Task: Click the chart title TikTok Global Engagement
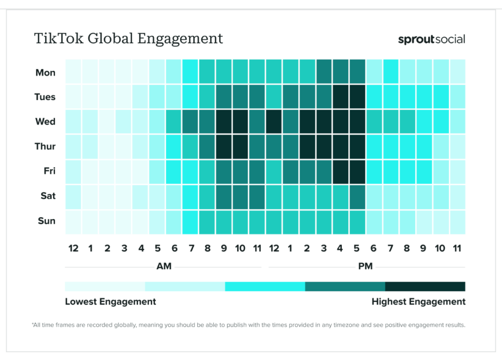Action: (128, 38)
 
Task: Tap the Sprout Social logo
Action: (431, 39)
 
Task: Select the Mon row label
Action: (46, 72)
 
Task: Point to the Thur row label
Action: (45, 146)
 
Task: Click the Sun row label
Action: (47, 221)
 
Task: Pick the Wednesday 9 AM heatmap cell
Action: (224, 121)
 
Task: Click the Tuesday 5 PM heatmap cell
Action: (357, 97)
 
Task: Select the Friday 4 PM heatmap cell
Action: (341, 171)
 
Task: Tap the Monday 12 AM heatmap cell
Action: (73, 72)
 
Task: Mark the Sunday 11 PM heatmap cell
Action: (457, 221)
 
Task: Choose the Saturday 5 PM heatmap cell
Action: (357, 196)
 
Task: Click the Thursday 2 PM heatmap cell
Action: (307, 146)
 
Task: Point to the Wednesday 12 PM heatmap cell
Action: (274, 121)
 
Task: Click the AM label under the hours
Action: (164, 266)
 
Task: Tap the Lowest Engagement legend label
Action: (110, 302)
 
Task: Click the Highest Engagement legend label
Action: (418, 302)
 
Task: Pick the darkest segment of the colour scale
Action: (425, 287)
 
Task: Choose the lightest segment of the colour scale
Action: (105, 287)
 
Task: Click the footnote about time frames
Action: (248, 325)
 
